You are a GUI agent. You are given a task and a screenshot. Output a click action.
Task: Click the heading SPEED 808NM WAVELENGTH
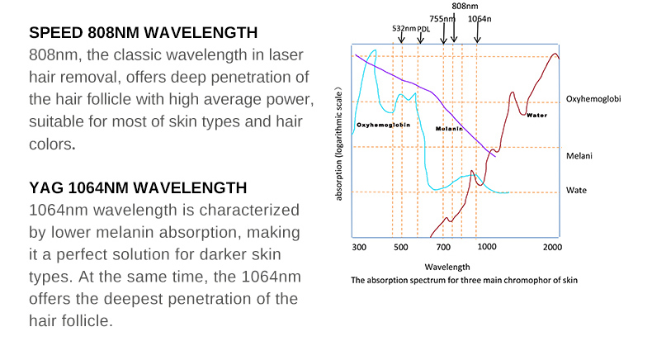tap(143, 34)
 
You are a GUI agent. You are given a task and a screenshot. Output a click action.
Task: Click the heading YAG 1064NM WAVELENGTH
tap(138, 188)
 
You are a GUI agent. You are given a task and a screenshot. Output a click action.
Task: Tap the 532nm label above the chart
tap(404, 28)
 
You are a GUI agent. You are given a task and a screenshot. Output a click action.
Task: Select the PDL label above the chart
tap(423, 28)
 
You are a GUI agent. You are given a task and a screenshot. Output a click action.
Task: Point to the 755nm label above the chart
tap(442, 17)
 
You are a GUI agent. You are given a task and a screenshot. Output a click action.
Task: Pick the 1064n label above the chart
tap(480, 17)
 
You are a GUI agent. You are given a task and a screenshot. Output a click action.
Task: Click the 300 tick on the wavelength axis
tap(358, 246)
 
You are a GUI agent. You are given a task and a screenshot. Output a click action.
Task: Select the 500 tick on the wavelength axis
tap(400, 246)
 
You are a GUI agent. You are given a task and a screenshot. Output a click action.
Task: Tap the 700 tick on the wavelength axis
tap(443, 246)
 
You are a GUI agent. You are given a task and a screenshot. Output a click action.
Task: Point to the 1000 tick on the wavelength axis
tap(486, 246)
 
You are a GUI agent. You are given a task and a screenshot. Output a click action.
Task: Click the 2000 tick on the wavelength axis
tap(553, 246)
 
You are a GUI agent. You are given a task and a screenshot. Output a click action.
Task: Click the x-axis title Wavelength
tap(447, 267)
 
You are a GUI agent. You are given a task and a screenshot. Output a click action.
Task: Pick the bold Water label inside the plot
tap(536, 115)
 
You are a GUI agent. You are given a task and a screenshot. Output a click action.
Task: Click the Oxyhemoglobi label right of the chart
tap(593, 98)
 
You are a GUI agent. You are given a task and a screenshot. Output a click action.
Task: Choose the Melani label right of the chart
tap(579, 155)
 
